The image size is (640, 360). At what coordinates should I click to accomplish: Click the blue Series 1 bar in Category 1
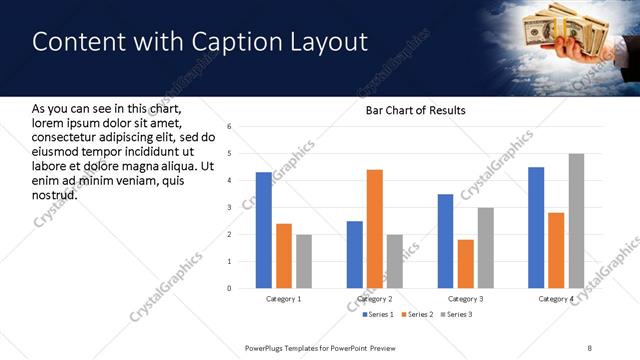tap(264, 230)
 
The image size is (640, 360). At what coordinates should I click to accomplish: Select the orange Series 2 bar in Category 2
tap(375, 229)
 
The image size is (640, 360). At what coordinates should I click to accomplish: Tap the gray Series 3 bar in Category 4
tap(576, 221)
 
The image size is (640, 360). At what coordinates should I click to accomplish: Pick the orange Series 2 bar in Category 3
tap(465, 264)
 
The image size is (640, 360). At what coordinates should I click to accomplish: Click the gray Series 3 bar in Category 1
tap(304, 261)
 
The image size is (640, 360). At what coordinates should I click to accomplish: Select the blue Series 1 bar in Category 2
tap(355, 254)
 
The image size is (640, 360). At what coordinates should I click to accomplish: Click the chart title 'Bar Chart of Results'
tap(409, 110)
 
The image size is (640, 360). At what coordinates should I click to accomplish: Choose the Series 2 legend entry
tap(415, 315)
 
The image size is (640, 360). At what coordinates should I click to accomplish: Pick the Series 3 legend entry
tap(457, 315)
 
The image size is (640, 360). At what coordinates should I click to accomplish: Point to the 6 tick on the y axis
tap(229, 127)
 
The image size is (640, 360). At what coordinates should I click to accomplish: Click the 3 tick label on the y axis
tap(229, 208)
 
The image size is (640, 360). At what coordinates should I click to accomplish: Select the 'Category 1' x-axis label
tap(283, 299)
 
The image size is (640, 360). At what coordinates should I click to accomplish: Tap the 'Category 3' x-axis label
tap(465, 299)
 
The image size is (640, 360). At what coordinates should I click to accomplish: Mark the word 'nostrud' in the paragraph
tap(55, 193)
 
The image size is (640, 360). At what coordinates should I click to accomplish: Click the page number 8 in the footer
tap(589, 347)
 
